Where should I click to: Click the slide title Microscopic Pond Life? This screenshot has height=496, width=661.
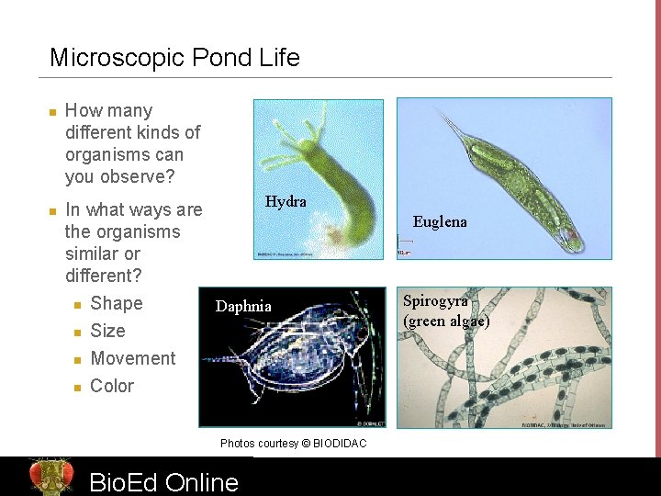pyautogui.click(x=174, y=58)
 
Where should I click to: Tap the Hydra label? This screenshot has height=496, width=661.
pyautogui.click(x=286, y=201)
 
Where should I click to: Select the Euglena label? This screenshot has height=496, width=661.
pyautogui.click(x=440, y=221)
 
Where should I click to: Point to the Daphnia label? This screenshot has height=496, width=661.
pyautogui.click(x=243, y=306)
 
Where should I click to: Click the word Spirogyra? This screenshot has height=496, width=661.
pyautogui.click(x=435, y=301)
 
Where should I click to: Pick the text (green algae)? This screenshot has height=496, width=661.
pyautogui.click(x=446, y=321)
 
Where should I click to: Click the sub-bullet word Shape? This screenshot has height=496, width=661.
pyautogui.click(x=117, y=303)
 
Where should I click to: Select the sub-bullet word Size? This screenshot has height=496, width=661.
pyautogui.click(x=107, y=331)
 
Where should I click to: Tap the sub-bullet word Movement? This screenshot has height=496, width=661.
pyautogui.click(x=133, y=358)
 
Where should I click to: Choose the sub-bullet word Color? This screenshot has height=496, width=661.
pyautogui.click(x=112, y=386)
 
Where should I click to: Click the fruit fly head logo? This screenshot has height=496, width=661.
pyautogui.click(x=50, y=476)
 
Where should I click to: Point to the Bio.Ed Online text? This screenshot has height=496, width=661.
pyautogui.click(x=163, y=481)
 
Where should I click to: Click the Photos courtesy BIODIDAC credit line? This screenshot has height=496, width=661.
pyautogui.click(x=293, y=444)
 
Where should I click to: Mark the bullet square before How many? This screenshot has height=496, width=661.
pyautogui.click(x=52, y=112)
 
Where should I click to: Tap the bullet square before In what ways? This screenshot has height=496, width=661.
pyautogui.click(x=52, y=211)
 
